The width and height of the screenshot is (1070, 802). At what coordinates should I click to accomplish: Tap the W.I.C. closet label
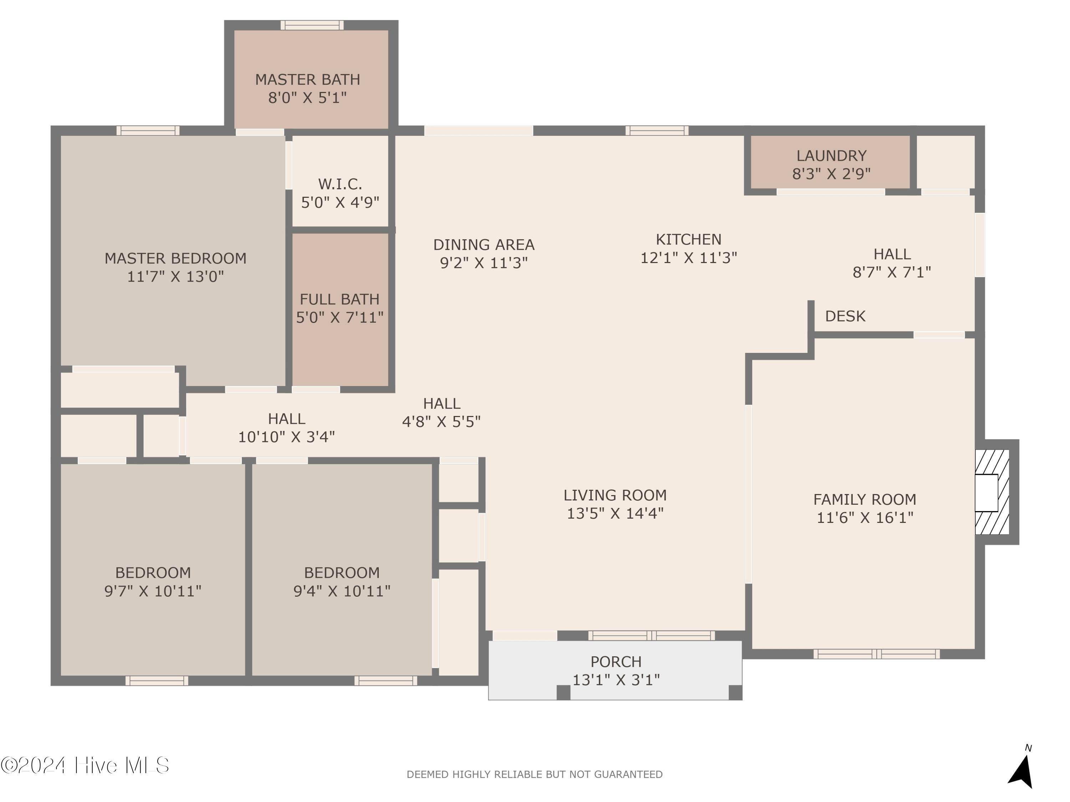(340, 184)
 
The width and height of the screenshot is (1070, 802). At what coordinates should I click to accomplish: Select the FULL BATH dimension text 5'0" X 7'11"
(340, 318)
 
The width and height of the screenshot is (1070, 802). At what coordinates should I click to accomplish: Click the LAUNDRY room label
(831, 156)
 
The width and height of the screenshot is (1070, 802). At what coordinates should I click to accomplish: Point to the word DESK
(845, 316)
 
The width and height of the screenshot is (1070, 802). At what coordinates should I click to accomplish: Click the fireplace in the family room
(991, 492)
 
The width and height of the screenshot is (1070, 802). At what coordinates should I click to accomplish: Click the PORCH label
(616, 661)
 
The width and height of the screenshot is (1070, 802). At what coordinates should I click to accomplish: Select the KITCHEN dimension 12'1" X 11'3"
(688, 258)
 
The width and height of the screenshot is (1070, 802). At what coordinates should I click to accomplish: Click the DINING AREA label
(484, 245)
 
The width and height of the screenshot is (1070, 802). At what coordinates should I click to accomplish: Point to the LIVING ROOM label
(615, 495)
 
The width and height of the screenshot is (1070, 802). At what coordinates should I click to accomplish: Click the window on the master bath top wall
(312, 25)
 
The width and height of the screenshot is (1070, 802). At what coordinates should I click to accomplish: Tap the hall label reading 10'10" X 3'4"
(286, 437)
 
